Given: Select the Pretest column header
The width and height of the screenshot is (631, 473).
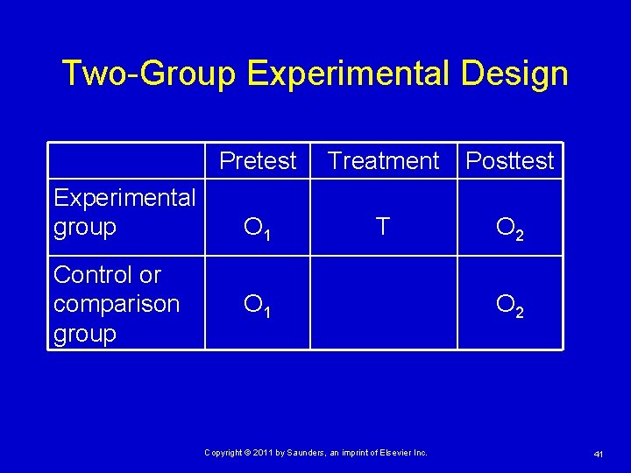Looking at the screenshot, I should (x=258, y=161).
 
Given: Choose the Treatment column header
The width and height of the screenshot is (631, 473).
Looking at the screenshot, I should (x=383, y=161).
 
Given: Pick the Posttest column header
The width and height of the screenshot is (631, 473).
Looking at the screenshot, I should (x=510, y=161).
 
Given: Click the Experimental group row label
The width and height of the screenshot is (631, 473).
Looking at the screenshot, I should (x=124, y=213).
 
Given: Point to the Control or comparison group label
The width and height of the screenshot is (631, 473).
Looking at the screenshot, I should (x=117, y=304).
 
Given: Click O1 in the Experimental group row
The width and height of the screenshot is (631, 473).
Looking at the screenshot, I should (x=257, y=229).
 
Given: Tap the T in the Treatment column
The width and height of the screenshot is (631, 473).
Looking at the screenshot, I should (x=382, y=228).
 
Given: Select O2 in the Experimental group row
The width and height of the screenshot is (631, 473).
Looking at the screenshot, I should (x=509, y=229).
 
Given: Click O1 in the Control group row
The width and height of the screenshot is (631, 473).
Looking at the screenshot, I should (x=257, y=306).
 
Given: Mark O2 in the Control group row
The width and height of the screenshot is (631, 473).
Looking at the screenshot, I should (x=509, y=306).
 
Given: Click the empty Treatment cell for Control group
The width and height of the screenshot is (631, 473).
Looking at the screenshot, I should (x=383, y=303).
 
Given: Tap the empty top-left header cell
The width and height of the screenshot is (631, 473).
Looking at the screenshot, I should (x=126, y=161).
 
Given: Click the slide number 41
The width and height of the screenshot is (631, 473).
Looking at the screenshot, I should (x=599, y=453).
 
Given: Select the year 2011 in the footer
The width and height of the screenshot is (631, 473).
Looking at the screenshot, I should (x=266, y=452).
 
